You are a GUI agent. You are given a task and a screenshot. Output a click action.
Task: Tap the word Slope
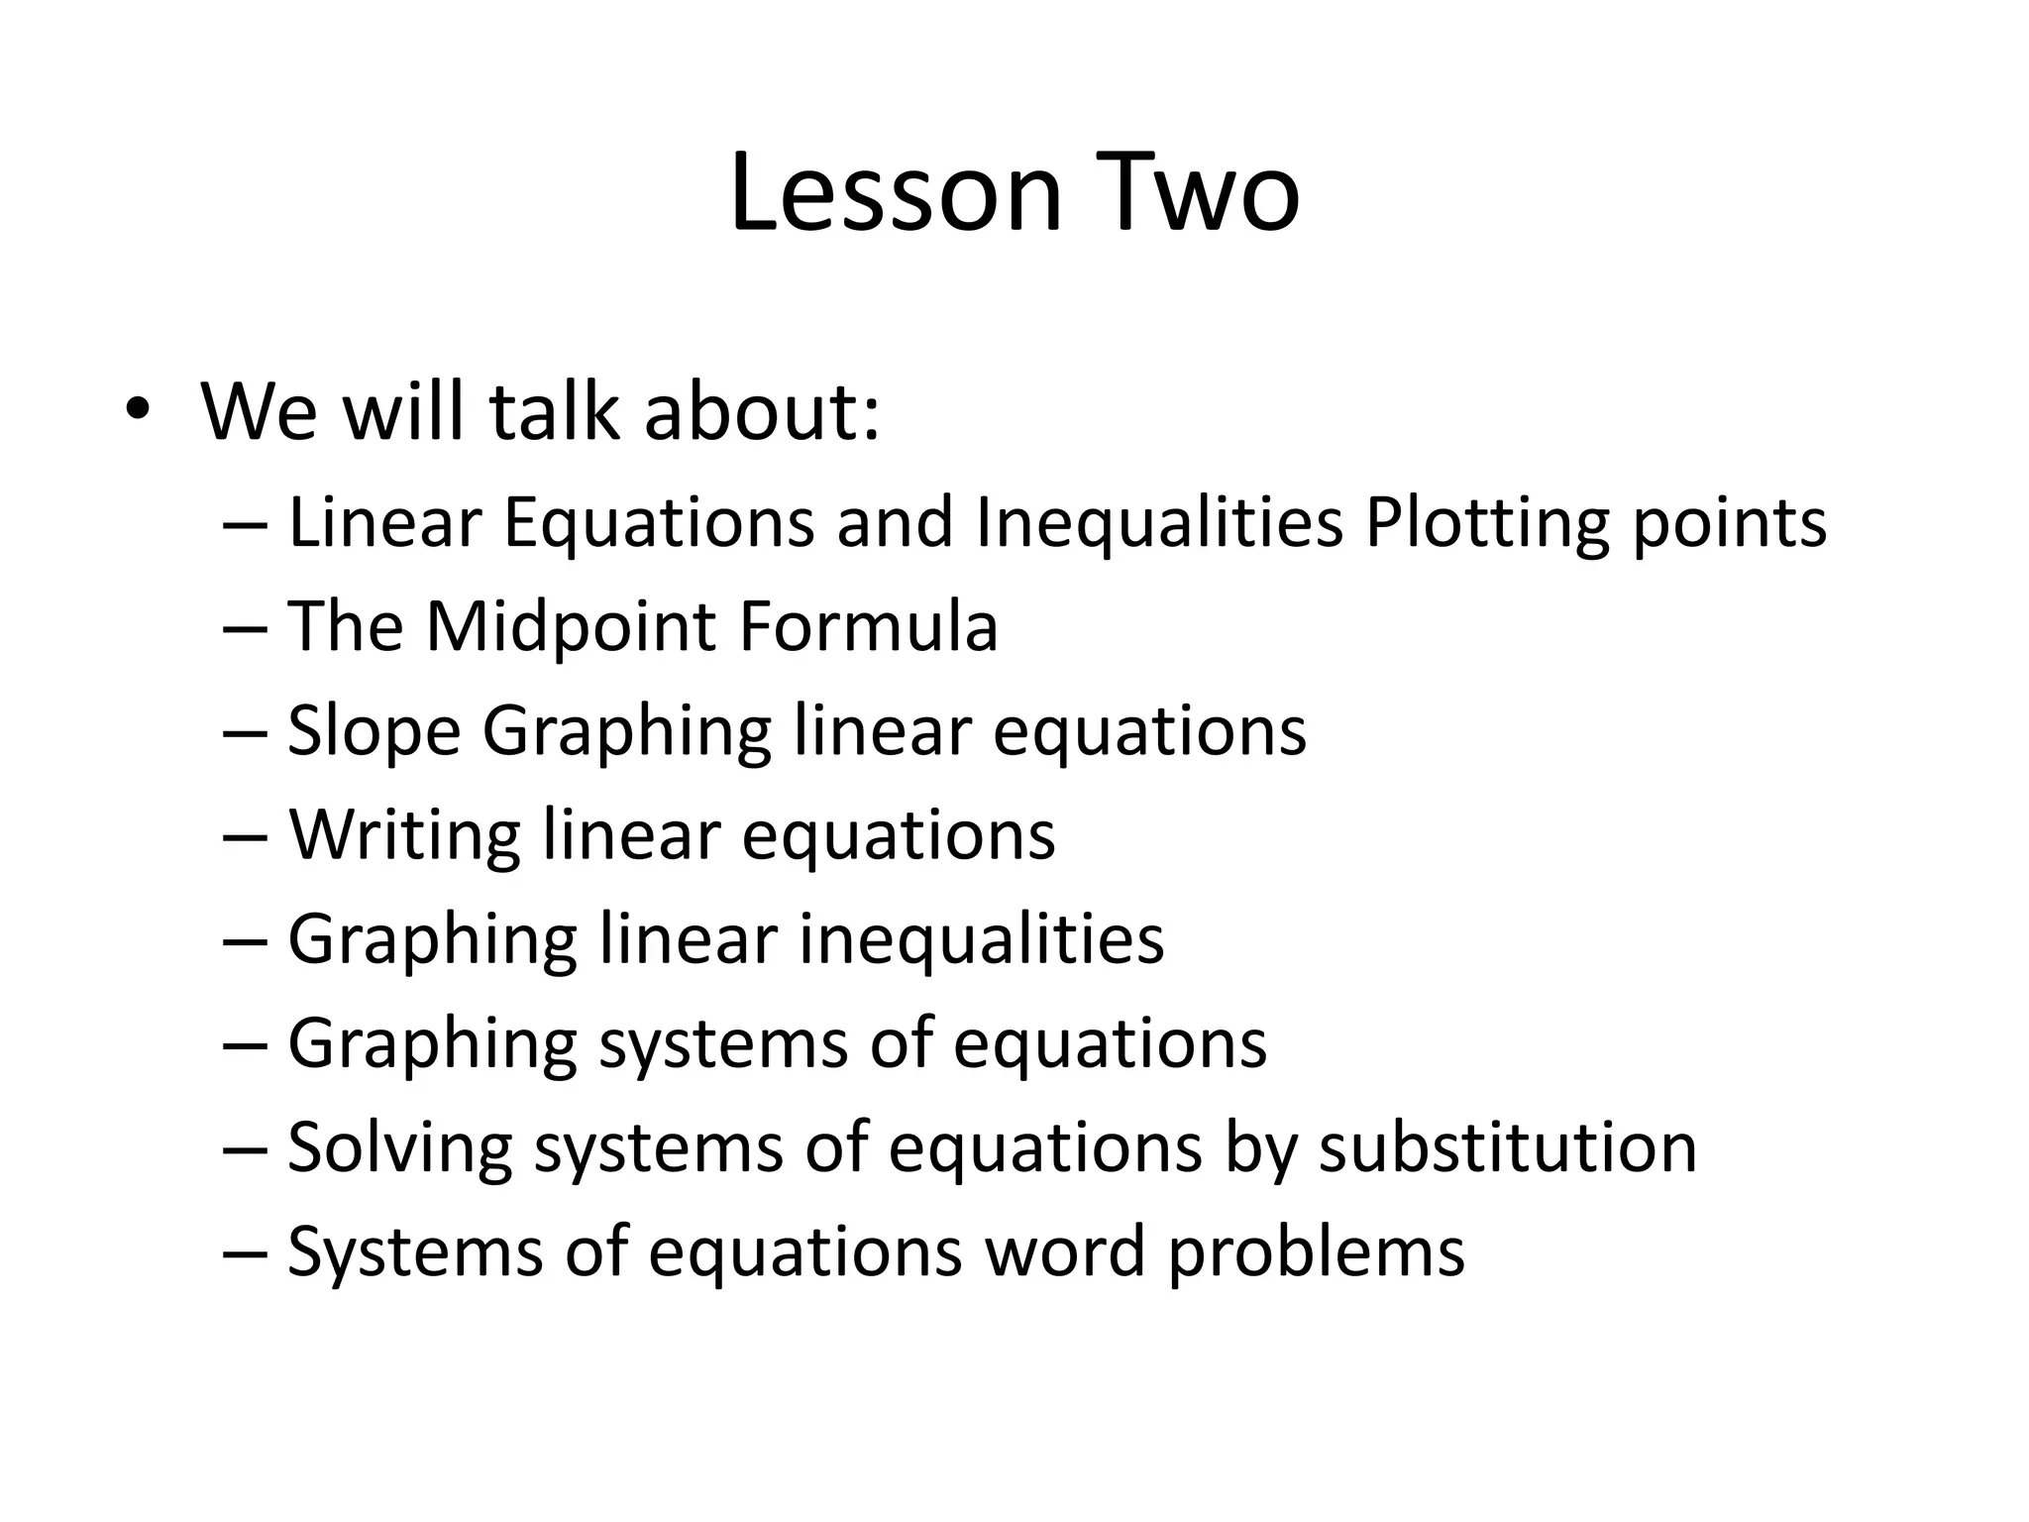pos(374,732)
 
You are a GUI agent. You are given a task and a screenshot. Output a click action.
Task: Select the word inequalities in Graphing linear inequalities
pos(981,939)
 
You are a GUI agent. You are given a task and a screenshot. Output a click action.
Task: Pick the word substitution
pos(1507,1147)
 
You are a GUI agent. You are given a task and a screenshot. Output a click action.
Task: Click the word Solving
pos(399,1147)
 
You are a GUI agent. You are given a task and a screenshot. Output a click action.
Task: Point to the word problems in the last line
pos(1316,1252)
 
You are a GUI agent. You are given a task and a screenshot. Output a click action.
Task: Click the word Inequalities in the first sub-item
pos(1159,523)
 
